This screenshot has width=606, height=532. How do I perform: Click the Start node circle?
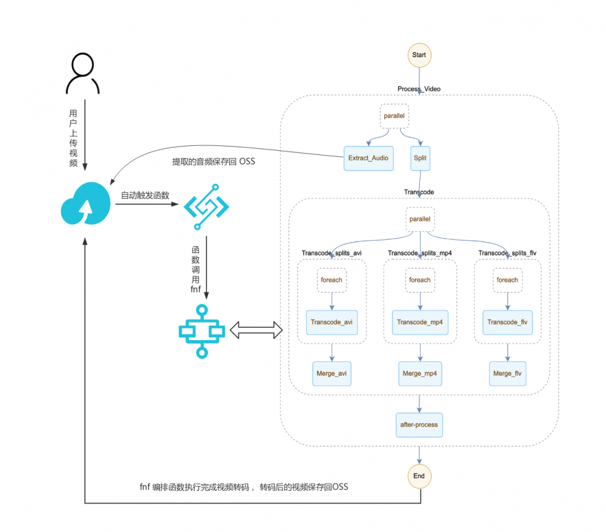tap(419, 54)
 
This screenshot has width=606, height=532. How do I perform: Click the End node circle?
tap(419, 476)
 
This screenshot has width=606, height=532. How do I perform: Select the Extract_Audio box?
tap(368, 158)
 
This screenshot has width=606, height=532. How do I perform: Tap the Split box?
tap(420, 158)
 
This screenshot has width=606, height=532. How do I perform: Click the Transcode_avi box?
tap(331, 322)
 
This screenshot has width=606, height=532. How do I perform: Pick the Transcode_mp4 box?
tap(419, 322)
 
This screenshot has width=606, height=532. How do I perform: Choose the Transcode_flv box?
tap(507, 322)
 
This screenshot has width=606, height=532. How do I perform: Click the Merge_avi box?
tap(331, 373)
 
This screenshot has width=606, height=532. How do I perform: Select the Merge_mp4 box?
tap(419, 373)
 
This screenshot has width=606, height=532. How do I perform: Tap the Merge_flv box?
tap(507, 373)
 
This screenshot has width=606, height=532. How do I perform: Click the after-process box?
tap(419, 425)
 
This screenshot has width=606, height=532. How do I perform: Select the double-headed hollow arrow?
tap(257, 330)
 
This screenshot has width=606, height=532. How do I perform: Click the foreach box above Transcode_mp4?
tap(419, 280)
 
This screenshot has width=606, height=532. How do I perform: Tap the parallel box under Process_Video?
tap(394, 115)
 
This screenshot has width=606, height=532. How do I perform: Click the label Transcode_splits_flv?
tap(507, 253)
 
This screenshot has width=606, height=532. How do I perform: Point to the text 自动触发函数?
tap(145, 195)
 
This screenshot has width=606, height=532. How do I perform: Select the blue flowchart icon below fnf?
tap(202, 331)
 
